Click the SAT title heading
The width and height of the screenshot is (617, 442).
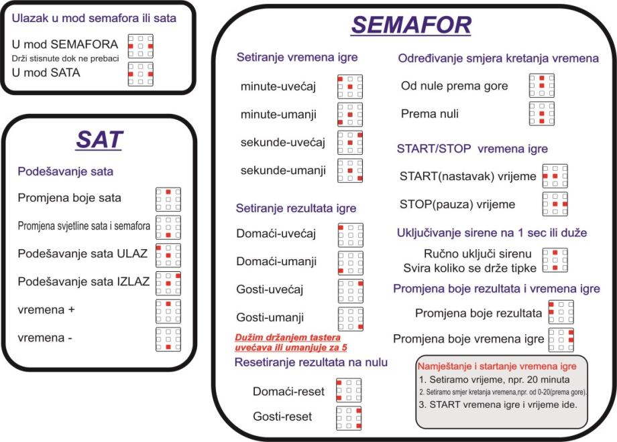coord(99,140)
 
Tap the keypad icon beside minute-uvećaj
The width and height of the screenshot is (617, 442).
coord(349,87)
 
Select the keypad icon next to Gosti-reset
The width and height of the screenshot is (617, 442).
coord(349,417)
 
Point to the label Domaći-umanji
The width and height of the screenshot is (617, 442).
coord(276,262)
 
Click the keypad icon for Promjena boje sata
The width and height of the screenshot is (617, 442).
coord(168,200)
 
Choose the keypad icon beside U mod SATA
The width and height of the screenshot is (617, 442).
coord(141,74)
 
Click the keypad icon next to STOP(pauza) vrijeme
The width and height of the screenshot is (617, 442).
coord(555,204)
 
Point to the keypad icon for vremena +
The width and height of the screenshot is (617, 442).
coord(168,311)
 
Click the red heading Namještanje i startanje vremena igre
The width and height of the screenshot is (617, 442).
coord(497,367)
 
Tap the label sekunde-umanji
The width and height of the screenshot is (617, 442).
coord(283,170)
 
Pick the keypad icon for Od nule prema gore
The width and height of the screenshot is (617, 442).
coord(541,86)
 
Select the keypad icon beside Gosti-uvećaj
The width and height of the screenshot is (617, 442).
coord(349,291)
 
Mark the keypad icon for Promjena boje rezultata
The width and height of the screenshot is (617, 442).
coord(561,313)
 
